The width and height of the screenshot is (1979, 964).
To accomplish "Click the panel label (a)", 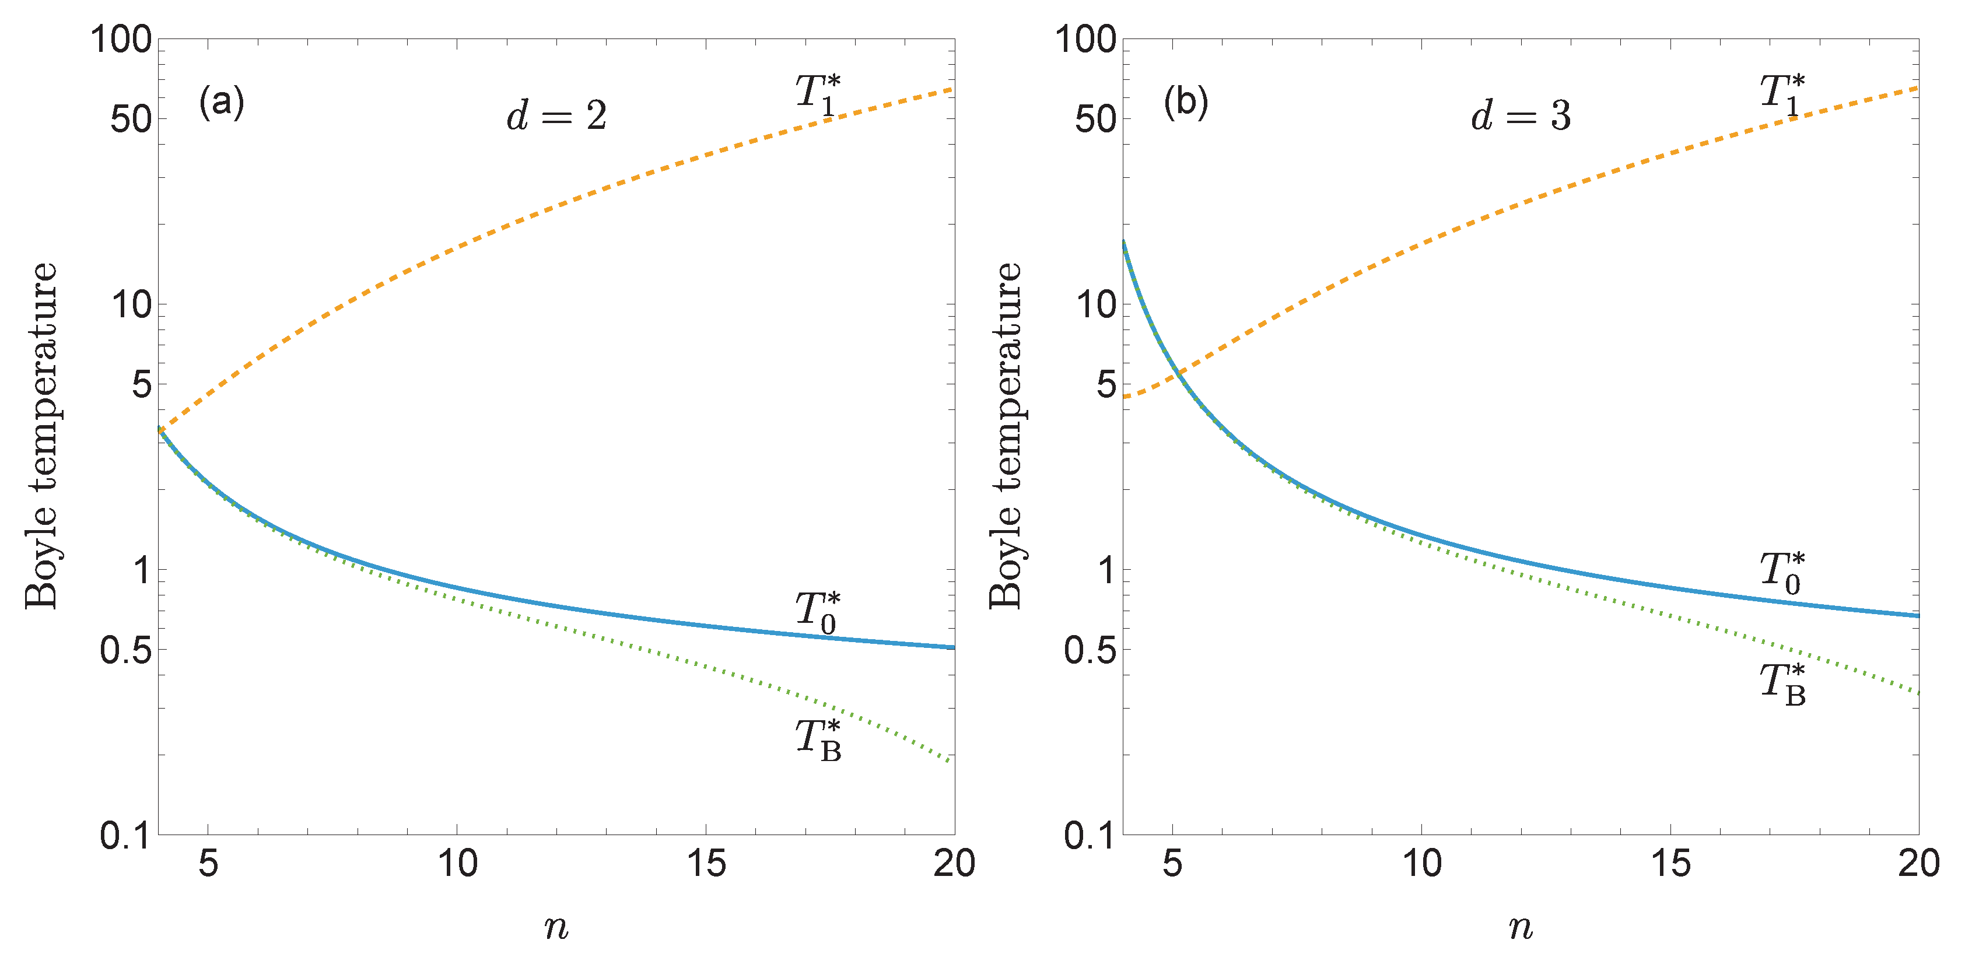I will click(x=221, y=101).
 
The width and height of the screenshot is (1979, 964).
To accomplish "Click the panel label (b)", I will click(x=1185, y=101).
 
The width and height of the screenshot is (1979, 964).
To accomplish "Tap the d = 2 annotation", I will click(x=557, y=116).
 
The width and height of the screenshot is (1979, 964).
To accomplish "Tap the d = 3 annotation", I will click(x=1521, y=116).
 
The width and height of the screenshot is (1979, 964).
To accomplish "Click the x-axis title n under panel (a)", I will click(x=556, y=928).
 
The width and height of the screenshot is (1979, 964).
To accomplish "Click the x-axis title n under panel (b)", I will click(x=1521, y=928).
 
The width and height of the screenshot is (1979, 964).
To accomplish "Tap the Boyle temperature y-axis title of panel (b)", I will click(x=1006, y=436).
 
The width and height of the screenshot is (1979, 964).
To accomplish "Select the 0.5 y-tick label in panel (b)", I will click(x=1090, y=650).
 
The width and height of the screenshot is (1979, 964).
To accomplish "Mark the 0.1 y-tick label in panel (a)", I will click(x=125, y=835).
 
